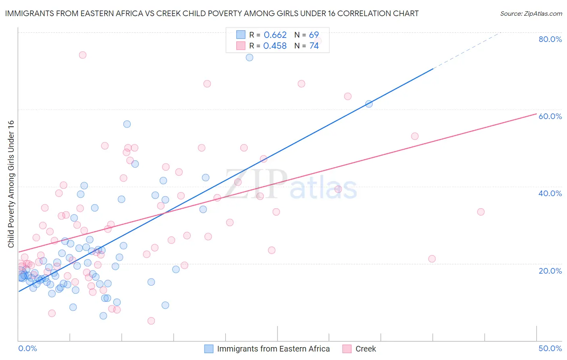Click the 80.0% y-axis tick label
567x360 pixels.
pos(550,39)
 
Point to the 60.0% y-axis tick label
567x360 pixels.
pos(550,116)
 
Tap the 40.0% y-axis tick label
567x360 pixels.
pos(550,193)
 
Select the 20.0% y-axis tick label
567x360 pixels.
pos(550,270)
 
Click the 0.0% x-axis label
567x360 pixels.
pos(27,348)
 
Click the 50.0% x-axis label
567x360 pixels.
pos(550,348)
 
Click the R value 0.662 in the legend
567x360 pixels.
pos(275,35)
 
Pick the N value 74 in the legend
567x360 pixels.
pos(314,46)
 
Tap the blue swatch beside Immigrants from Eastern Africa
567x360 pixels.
pos(208,349)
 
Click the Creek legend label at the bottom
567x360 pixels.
pos(365,349)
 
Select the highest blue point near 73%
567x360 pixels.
pos(250,57)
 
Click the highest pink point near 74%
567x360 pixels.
pos(83,55)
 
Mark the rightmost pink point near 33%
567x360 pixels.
pos(481,212)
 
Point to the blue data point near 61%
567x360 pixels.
pos(369,104)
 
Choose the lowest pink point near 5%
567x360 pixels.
pos(151,321)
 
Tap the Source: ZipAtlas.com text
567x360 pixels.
pos(531,13)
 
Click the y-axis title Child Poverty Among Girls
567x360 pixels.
pos(11,184)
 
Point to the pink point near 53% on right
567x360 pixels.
pos(415,136)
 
